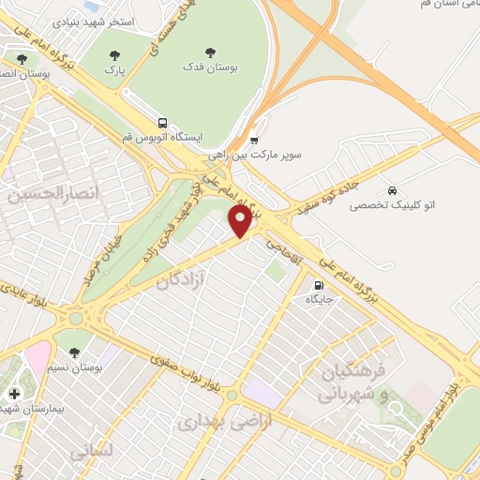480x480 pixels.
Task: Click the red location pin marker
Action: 241,221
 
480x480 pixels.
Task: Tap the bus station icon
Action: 163,123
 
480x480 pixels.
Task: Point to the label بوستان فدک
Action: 208,70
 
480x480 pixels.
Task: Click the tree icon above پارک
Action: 115,56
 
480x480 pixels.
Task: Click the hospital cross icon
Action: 13,394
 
